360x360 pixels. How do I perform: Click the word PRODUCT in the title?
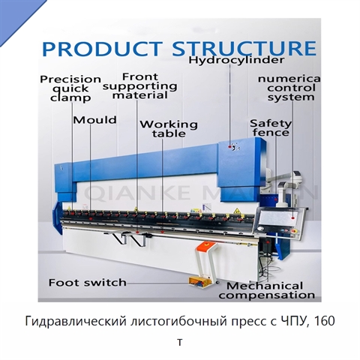pyautogui.click(x=102, y=48)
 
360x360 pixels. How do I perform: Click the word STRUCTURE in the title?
pyautogui.click(x=244, y=48)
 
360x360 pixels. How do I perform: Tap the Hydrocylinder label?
pyautogui.click(x=236, y=60)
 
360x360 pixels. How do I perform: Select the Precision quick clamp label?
pyautogui.click(x=70, y=88)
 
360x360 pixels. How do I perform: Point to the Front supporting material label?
pyautogui.click(x=140, y=86)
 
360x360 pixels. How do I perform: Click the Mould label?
pyautogui.click(x=94, y=120)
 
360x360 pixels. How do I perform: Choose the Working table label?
pyautogui.click(x=169, y=129)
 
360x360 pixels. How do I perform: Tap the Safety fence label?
pyautogui.click(x=271, y=127)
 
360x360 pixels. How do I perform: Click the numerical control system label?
pyautogui.click(x=289, y=88)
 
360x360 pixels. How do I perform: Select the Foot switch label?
pyautogui.click(x=88, y=283)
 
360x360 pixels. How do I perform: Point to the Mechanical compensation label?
pyautogui.click(x=266, y=290)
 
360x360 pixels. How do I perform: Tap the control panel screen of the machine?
pyautogui.click(x=280, y=217)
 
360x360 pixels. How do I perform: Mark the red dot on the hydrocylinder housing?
pyautogui.click(x=229, y=147)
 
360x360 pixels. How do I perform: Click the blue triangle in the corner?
pyautogui.click(x=15, y=15)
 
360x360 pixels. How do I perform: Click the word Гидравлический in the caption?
pyautogui.click(x=76, y=322)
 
